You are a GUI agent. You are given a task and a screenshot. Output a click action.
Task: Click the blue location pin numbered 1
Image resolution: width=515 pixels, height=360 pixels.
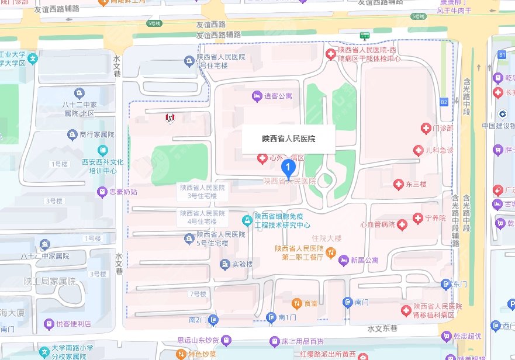(x=288, y=169)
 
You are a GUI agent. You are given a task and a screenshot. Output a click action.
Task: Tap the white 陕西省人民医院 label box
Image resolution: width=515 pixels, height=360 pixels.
(x=288, y=139)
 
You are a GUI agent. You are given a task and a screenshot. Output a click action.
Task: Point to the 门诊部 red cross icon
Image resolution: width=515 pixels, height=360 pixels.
(x=426, y=128)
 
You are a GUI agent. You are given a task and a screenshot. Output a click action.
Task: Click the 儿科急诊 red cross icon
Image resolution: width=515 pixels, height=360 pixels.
(x=418, y=151)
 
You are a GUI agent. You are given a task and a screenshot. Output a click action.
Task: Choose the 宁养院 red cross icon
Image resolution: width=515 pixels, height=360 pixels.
(x=417, y=218)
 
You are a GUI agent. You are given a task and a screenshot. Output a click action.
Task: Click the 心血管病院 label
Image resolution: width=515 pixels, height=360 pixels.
(x=378, y=224)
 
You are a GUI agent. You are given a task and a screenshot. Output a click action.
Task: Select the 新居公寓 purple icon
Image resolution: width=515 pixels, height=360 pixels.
(x=343, y=259)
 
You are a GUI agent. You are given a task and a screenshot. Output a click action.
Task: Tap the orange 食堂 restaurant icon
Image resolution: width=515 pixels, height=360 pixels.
(x=296, y=303)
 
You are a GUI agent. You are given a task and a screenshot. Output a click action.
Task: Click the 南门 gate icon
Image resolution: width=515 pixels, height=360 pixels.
(x=347, y=302)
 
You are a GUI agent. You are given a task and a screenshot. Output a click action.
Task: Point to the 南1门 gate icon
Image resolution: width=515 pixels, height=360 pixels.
(x=271, y=318)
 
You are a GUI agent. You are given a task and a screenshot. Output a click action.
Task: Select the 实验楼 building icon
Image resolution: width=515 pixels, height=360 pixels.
(x=224, y=264)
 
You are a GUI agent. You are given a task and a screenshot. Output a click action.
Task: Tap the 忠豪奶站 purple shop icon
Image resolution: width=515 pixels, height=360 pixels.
(x=102, y=191)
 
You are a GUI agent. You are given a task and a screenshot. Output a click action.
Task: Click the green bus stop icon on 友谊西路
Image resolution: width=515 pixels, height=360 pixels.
(x=365, y=35)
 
